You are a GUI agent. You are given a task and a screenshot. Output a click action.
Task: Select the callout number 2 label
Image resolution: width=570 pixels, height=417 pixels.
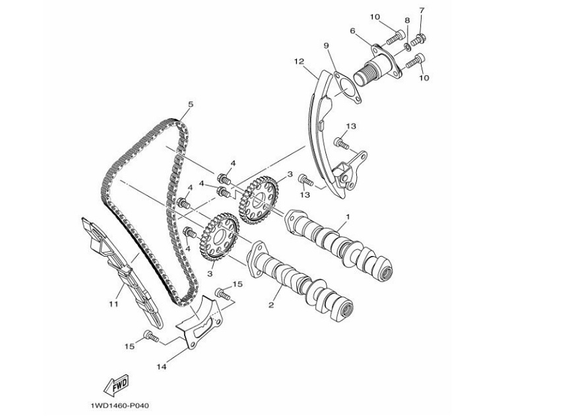point(270,305)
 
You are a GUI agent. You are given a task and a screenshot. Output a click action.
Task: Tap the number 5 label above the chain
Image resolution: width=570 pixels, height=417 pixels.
point(191,104)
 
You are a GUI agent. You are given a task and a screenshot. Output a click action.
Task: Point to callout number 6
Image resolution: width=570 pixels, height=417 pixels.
point(353,31)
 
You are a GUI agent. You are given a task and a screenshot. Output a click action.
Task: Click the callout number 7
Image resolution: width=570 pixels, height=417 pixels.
point(422,10)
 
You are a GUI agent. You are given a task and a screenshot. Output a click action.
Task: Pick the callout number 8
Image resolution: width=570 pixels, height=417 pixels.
point(407,20)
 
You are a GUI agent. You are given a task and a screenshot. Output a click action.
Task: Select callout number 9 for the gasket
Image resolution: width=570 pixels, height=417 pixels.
point(326,46)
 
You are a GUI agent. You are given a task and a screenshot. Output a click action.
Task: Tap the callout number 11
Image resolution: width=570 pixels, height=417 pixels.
point(113,304)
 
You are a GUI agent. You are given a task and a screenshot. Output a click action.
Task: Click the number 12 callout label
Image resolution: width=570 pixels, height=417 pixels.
point(299,61)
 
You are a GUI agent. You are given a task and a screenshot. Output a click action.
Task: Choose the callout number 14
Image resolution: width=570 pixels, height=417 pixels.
point(161,364)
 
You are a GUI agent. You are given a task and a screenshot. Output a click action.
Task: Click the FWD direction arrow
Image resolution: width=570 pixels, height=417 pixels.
point(116,384)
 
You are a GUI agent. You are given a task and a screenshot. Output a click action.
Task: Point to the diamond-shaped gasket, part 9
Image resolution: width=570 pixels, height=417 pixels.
point(347,90)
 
